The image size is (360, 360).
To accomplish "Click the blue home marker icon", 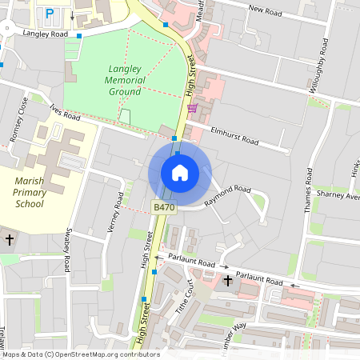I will [x=179, y=173].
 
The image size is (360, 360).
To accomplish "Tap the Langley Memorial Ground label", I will [x=126, y=80].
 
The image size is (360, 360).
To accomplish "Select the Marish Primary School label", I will [x=30, y=193].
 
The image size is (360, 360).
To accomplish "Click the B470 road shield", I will [x=163, y=207].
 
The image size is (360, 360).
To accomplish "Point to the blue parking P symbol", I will [x=50, y=13].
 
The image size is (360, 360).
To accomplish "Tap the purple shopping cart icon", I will [x=191, y=108].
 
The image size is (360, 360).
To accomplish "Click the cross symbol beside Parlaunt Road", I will [x=228, y=281].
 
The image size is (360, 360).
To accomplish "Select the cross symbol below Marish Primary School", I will [x=10, y=239].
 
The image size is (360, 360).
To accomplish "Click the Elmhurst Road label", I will [x=234, y=135].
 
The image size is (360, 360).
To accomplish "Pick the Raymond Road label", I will [x=227, y=196].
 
